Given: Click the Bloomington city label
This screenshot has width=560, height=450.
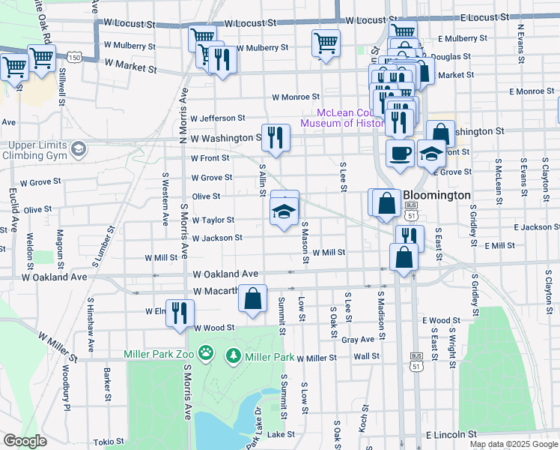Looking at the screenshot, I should (x=437, y=195).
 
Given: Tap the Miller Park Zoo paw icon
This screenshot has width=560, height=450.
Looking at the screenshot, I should (x=207, y=352).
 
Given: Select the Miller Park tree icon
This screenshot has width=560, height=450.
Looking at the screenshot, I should (x=234, y=353).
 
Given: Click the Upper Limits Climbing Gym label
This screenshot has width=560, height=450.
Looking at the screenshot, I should (x=43, y=150).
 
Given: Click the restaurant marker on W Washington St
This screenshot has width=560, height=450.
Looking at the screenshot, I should (x=276, y=137).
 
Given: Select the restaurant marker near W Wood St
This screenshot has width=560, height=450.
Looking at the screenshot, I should (x=180, y=312).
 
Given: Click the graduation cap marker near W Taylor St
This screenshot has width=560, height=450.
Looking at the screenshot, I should (x=284, y=212).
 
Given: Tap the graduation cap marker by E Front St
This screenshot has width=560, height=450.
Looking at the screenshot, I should (x=431, y=153).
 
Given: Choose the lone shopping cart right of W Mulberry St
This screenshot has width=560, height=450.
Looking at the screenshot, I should (x=326, y=43).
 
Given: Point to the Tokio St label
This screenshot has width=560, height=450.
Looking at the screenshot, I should (x=109, y=442).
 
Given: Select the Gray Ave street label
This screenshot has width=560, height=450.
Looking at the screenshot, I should (x=357, y=340).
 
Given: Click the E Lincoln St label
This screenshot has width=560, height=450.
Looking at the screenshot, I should (x=451, y=434).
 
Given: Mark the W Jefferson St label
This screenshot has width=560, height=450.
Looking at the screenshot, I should (x=218, y=118).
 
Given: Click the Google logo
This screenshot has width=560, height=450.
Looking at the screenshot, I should (x=25, y=441).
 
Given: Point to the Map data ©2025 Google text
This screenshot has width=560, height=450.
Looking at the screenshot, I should (x=513, y=444).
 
